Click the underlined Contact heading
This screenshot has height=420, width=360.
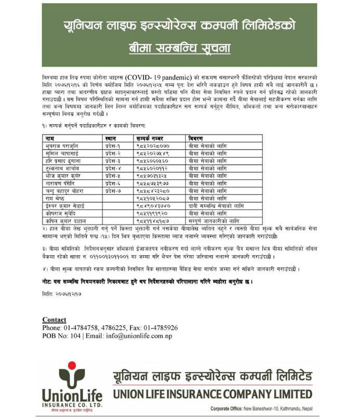(54, 320)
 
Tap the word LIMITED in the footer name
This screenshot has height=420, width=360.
(290, 393)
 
